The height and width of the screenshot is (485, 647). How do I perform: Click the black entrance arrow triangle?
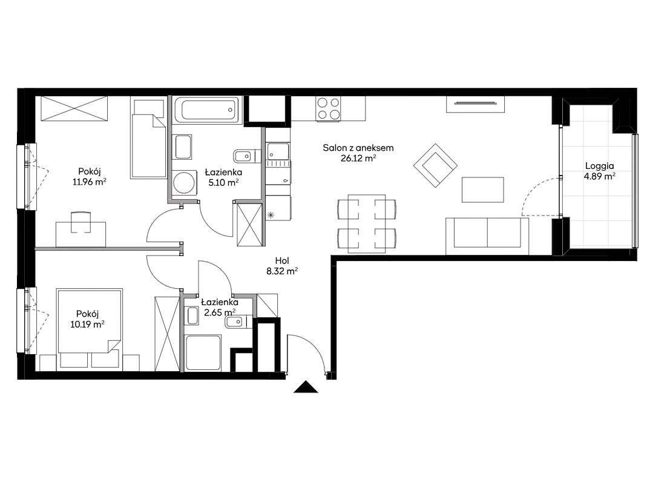click(306, 387)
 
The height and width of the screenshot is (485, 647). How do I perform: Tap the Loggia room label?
click(600, 166)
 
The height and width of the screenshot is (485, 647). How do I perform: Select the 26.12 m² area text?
click(358, 157)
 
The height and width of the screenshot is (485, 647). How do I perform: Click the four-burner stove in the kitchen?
click(329, 108)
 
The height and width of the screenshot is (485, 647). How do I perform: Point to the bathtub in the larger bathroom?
click(206, 110)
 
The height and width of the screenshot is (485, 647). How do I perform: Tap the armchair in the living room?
click(435, 165)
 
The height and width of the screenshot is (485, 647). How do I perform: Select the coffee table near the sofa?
click(483, 190)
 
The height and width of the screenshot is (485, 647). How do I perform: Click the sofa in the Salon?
click(487, 236)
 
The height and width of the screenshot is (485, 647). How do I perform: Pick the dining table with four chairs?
click(367, 223)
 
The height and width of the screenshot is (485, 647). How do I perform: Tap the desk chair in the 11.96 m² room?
click(81, 222)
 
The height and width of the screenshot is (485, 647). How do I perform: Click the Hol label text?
click(282, 261)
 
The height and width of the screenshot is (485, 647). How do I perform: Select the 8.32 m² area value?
click(282, 271)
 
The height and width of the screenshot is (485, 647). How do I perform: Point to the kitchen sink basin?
click(278, 151)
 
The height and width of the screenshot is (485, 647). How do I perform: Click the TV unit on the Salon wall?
click(475, 104)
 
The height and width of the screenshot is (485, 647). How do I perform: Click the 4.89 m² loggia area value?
click(600, 176)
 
